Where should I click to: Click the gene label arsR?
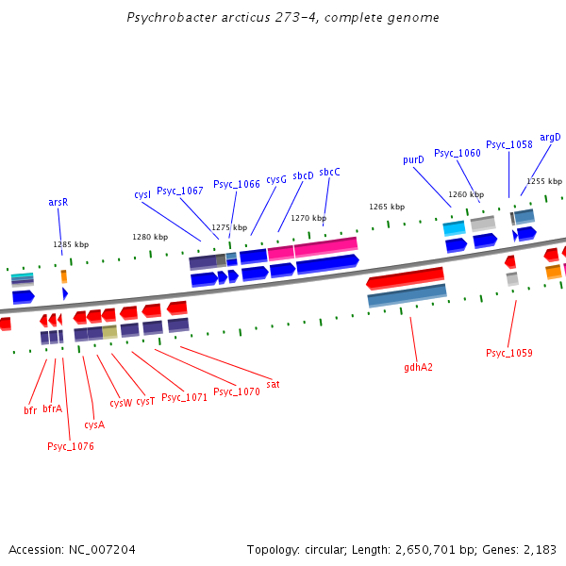[x=58, y=202]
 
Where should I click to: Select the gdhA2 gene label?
[x=418, y=368]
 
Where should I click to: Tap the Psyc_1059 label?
[x=509, y=353]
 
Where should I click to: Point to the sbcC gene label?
[x=329, y=173]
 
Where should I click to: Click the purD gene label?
[x=413, y=160]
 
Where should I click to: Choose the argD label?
[x=550, y=138]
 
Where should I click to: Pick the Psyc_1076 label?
[x=71, y=446]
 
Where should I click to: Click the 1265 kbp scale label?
[x=387, y=207]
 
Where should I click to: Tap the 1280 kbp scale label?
[x=150, y=237]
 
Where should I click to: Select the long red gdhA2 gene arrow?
[x=405, y=278]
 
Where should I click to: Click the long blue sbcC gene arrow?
[x=327, y=264]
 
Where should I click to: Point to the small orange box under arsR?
[x=64, y=276]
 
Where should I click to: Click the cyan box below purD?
[x=454, y=228]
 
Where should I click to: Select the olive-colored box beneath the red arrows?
[x=109, y=332]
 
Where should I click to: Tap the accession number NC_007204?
[x=102, y=550]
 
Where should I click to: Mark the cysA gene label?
[x=94, y=424]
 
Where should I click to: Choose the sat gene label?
[x=273, y=385]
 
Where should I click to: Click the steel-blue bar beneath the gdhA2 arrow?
[x=408, y=295]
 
